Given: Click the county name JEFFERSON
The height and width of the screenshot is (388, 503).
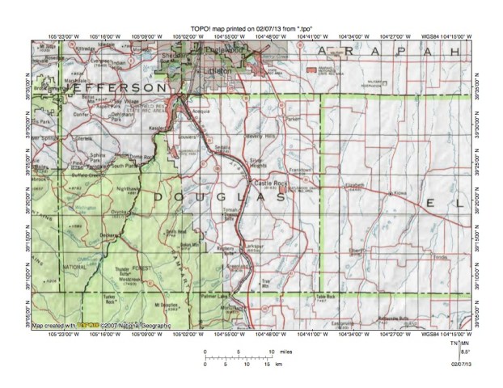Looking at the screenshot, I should (x=109, y=84).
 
